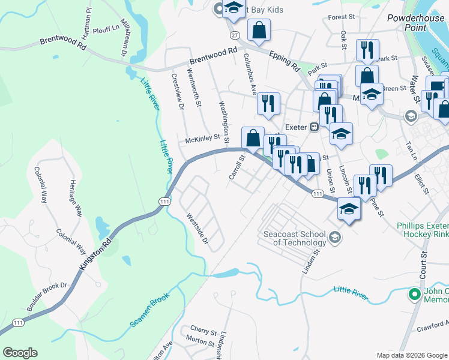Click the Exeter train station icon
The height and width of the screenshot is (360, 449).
pos(313,127)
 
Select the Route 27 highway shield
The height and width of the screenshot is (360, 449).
pos(235,35)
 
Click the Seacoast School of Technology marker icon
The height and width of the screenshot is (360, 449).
pos(335,238)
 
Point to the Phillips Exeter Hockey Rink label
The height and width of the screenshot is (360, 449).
pos(423,231)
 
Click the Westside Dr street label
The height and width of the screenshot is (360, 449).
pos(196,229)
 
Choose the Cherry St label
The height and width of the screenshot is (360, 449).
pos(203,331)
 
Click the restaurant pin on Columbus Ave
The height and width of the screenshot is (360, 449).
pos(268,103)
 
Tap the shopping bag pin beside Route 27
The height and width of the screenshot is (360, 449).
pos(259,31)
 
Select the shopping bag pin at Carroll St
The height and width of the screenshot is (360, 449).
pos(253,137)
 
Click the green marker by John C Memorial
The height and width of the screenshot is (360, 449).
pos(414,294)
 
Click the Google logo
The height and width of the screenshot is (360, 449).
pos(20,353)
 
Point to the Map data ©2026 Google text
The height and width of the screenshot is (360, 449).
pos(412,355)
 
